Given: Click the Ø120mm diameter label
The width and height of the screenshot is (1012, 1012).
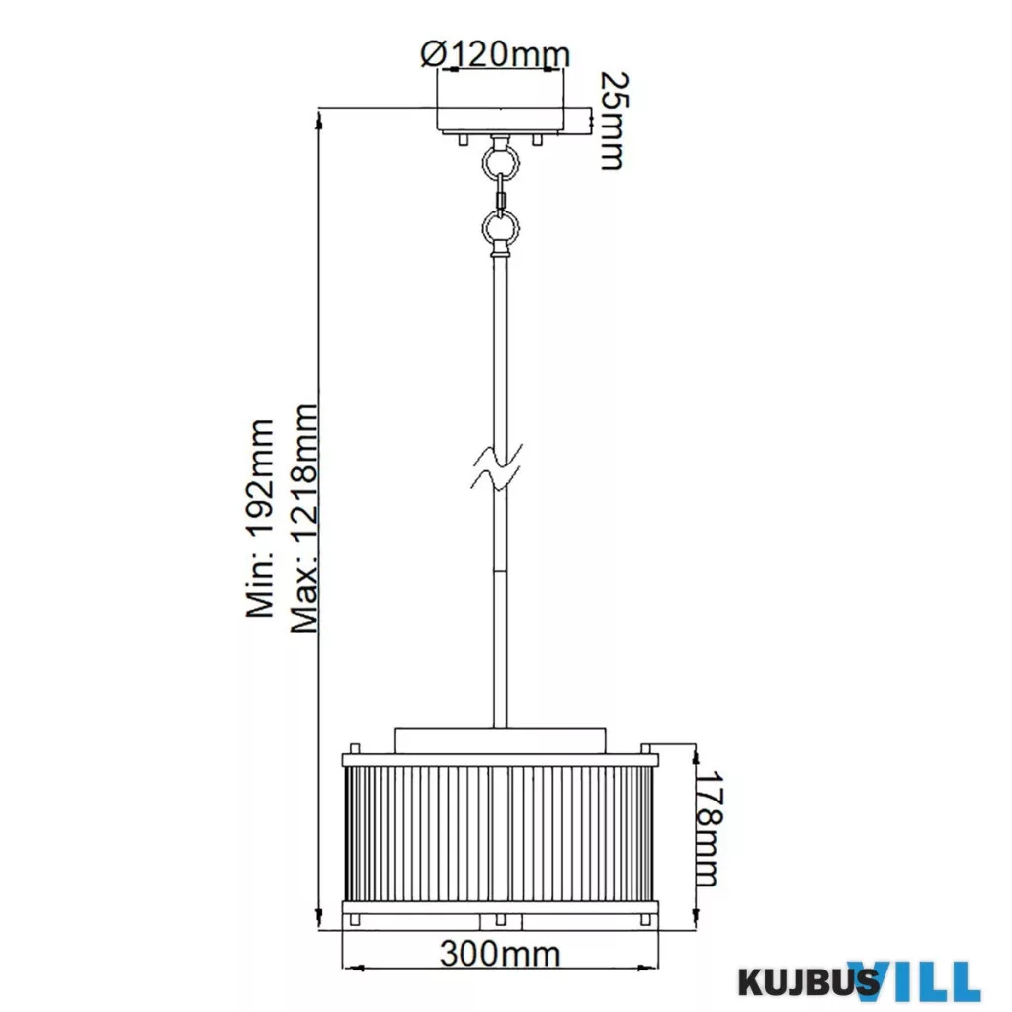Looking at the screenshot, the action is pos(496,54).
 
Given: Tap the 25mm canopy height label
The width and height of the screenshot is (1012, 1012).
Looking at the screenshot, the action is pos(613,121).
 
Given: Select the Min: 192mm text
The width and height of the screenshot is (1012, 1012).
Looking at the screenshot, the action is pos(261,518).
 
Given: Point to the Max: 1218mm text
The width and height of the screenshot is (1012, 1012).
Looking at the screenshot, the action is pos(304,518).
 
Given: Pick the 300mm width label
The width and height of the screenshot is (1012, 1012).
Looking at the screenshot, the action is pos(500,954).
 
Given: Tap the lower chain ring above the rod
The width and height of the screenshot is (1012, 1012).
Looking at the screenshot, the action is pos(501,227).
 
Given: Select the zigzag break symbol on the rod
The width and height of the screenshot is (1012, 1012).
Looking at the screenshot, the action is pos(496,466).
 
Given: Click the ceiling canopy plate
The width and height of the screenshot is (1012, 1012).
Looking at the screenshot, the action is pos(501,121).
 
